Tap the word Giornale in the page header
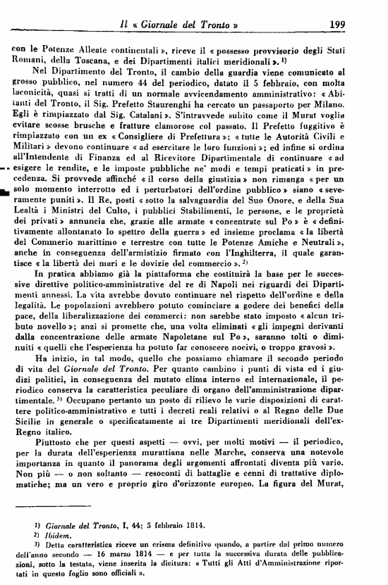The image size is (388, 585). coord(166,8)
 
